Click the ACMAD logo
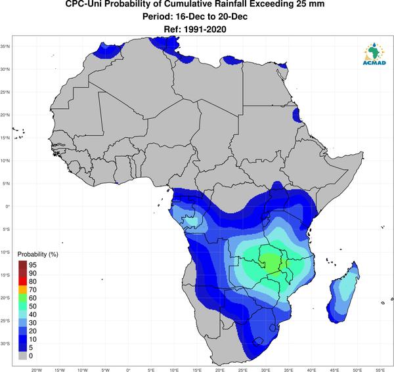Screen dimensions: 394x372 coord(374,53)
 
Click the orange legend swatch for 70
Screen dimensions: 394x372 coord(22,290)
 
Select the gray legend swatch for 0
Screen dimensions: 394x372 coord(22,356)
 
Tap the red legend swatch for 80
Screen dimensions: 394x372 coord(22,281)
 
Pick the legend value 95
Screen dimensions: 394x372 coord(33,265)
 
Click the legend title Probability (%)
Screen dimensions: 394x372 coord(37,255)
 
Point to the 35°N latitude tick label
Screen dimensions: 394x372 coord(5,47)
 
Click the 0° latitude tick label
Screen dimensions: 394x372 coord(8,206)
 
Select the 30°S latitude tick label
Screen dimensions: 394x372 coord(5,344)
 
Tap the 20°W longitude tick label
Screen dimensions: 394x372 coord(37,370)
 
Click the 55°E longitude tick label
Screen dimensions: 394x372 coord(380,370)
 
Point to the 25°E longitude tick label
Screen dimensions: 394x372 coord(243,370)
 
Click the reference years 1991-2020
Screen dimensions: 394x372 coord(205,30)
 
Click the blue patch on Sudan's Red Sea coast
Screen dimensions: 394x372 coord(297,115)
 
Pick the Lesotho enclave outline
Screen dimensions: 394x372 coord(258,342)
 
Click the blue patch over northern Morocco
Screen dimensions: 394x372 coord(107,51)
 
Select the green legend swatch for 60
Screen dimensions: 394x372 coord(22,298)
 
